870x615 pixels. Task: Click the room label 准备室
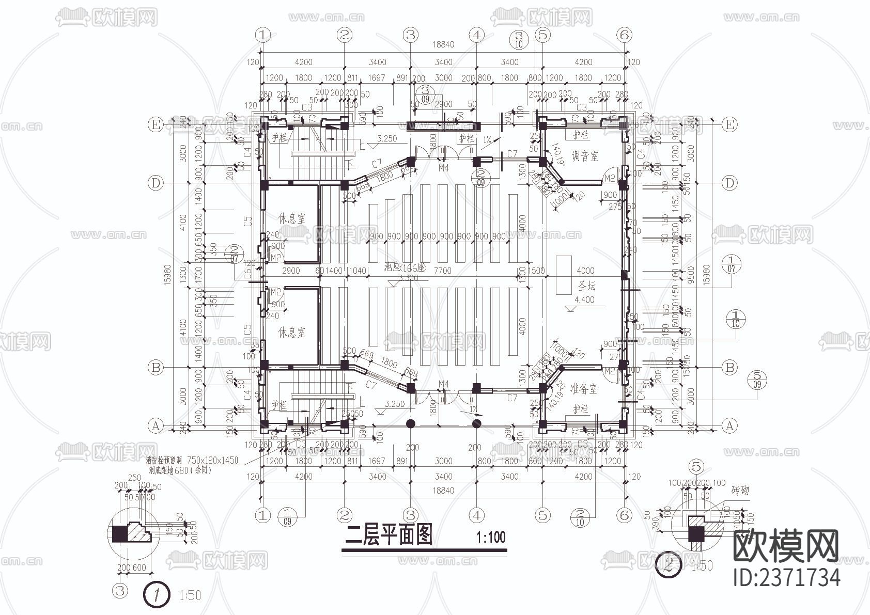584,388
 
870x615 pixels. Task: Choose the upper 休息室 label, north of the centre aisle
292,218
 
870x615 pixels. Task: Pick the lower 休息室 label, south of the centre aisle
292,332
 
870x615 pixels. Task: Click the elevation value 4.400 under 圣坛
584,299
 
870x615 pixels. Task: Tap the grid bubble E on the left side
155,124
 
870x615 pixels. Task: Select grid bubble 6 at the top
624,35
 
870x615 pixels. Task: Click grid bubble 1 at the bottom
263,515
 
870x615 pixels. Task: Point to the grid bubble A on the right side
729,426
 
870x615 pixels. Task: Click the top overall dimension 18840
443,45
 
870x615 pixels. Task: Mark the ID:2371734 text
786,577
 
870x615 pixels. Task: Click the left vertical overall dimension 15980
167,275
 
